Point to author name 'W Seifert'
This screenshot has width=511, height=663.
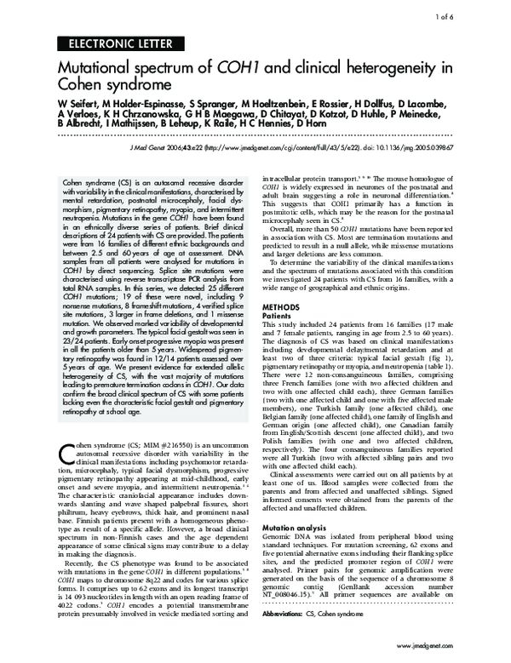click(78, 104)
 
